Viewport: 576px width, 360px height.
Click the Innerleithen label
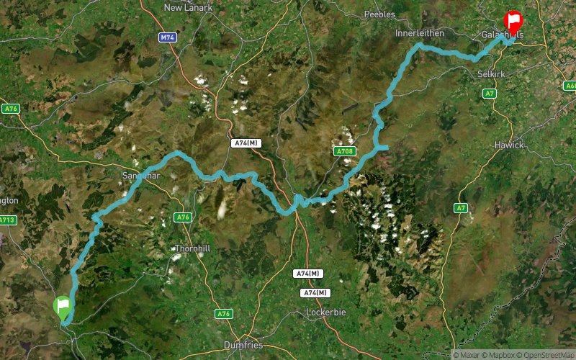pyautogui.click(x=420, y=33)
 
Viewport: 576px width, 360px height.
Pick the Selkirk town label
pyautogui.click(x=492, y=74)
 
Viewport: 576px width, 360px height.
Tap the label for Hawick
pyautogui.click(x=508, y=145)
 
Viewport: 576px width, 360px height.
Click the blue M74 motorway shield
pyautogui.click(x=168, y=37)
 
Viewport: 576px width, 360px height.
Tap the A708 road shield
pyautogui.click(x=343, y=152)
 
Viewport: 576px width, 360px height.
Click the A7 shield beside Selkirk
pyautogui.click(x=490, y=94)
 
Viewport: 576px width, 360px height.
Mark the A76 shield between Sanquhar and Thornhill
pyautogui.click(x=183, y=217)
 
